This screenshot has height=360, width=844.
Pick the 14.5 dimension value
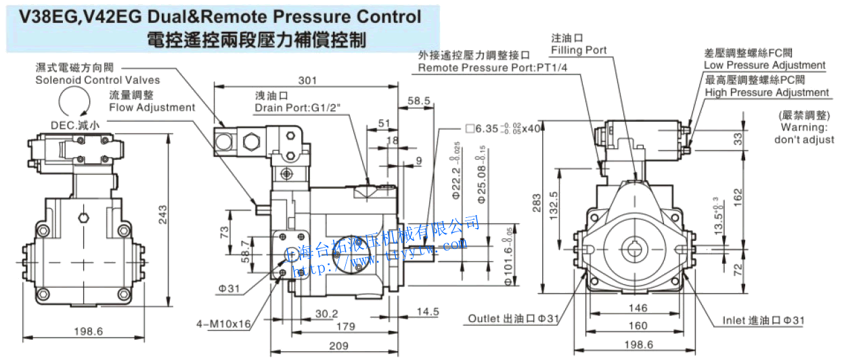427,312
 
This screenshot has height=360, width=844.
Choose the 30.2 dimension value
327,313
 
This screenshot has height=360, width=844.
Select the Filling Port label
579,50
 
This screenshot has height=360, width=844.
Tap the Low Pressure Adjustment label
764,65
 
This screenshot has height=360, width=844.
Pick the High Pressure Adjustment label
766,92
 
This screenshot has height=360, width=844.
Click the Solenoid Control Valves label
97,80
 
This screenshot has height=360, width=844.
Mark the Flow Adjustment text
152,107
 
